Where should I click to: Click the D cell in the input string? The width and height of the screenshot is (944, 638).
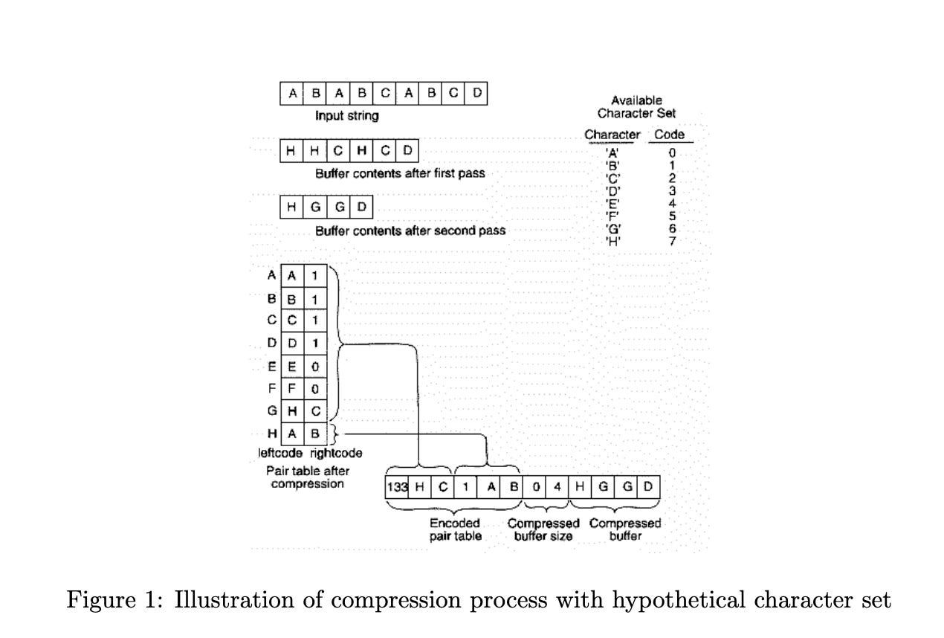[x=477, y=94]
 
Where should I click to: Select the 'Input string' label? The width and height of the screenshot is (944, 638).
[x=346, y=116]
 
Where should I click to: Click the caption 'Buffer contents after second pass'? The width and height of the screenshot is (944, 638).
[x=410, y=231]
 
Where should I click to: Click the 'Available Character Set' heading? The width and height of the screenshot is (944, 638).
[x=636, y=107]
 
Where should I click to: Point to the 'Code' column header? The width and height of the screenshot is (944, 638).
[x=669, y=135]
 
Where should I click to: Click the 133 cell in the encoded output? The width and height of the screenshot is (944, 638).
[x=395, y=487]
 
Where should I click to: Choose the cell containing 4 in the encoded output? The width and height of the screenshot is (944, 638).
[x=557, y=487]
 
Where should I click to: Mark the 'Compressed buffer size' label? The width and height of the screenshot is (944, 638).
[x=543, y=529]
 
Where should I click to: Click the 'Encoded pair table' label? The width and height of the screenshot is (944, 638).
[x=455, y=529]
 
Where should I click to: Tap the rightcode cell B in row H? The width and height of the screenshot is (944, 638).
[x=315, y=433]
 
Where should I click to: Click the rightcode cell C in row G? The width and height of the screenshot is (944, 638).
[x=315, y=410]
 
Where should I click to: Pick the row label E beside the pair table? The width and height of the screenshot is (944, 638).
[x=272, y=366]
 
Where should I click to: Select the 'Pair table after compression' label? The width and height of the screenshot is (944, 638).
[x=308, y=477]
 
